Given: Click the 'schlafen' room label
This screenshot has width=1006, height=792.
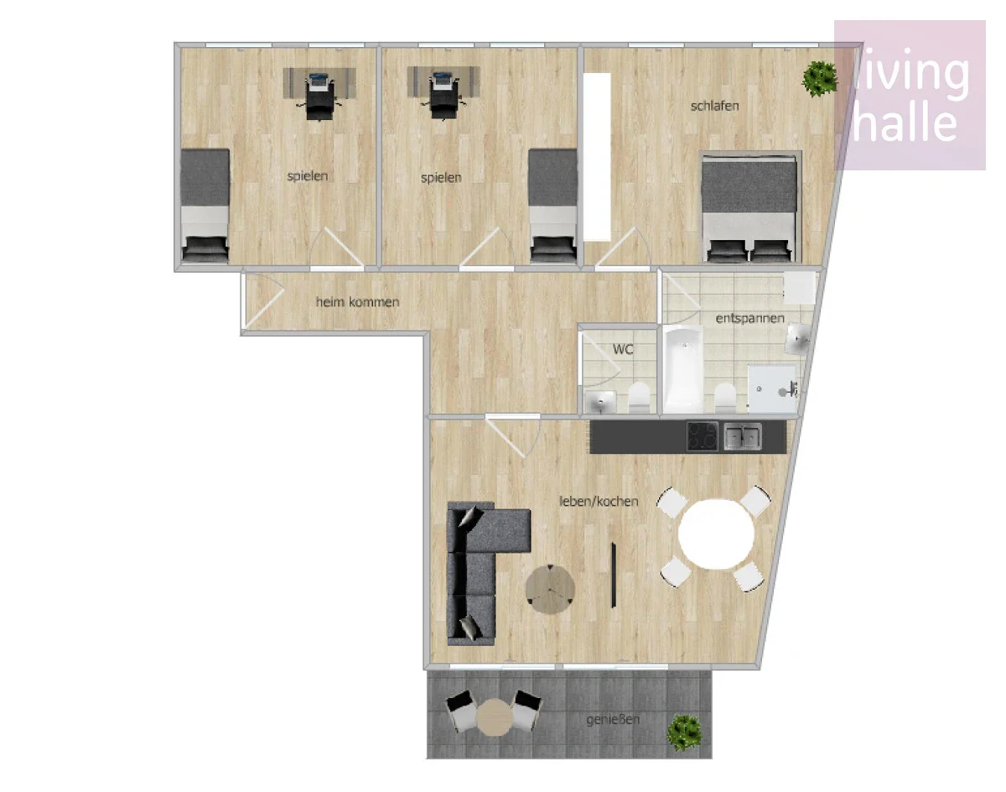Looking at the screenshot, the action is click(715, 107).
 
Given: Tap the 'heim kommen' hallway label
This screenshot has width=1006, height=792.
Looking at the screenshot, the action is click(358, 302).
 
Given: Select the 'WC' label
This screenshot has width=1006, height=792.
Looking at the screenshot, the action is click(623, 349).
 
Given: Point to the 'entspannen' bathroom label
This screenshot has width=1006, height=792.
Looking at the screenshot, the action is click(749, 319).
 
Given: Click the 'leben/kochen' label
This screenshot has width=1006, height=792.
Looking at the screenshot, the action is click(599, 502).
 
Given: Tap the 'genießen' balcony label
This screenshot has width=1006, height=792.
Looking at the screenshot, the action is click(613, 720).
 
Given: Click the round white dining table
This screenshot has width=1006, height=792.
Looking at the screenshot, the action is click(716, 534).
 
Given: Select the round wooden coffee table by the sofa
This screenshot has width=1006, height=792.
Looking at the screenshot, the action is click(550, 590).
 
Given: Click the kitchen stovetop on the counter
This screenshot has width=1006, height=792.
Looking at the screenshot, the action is click(703, 436).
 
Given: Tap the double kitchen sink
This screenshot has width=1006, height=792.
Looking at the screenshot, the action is click(743, 436).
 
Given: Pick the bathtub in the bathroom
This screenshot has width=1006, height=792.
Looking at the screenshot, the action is click(683, 369).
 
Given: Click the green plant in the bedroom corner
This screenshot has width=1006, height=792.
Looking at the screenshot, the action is click(820, 79).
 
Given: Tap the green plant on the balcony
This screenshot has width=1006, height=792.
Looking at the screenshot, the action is click(684, 732).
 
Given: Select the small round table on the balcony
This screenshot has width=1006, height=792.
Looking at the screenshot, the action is click(495, 717).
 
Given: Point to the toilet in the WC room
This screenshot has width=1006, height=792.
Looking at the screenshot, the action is click(639, 398).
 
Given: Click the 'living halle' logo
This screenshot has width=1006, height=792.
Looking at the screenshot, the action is click(910, 95).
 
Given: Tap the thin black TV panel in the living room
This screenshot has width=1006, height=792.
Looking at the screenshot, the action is click(614, 576).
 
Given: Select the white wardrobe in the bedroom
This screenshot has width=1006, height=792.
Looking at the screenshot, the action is click(598, 157).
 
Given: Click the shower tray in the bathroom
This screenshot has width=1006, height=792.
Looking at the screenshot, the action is click(772, 389).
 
